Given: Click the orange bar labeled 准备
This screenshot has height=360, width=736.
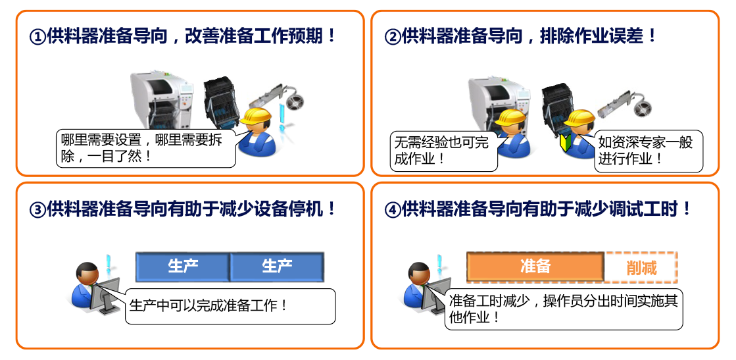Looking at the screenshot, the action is pyautogui.click(x=535, y=267).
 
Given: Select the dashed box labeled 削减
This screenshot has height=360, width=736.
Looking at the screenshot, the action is pyautogui.click(x=641, y=267).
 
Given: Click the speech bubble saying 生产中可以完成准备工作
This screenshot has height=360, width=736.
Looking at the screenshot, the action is pyautogui.click(x=230, y=307).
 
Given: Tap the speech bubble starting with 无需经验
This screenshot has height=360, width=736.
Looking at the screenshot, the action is pyautogui.click(x=443, y=151).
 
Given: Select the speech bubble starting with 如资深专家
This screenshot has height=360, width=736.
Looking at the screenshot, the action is pyautogui.click(x=649, y=151).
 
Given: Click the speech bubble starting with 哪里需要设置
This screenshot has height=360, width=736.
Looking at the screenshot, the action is pyautogui.click(x=145, y=149).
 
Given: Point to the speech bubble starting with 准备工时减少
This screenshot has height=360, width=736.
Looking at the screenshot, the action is pyautogui.click(x=564, y=309).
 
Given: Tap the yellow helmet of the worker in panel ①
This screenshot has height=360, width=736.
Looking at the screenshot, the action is pyautogui.click(x=257, y=116).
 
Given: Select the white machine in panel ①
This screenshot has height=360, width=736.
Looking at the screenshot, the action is pyautogui.click(x=162, y=99).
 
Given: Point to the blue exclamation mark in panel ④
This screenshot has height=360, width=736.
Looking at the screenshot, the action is pyautogui.click(x=440, y=268).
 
